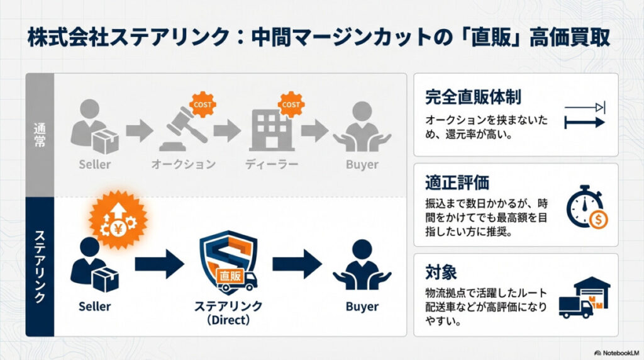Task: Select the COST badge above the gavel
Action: (x=203, y=104)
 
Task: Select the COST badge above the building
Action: (x=290, y=104)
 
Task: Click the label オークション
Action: (x=183, y=165)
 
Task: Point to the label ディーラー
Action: (x=271, y=165)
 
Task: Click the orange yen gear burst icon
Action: (x=119, y=220)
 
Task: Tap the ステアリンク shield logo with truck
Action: (x=228, y=263)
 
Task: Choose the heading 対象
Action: (x=441, y=273)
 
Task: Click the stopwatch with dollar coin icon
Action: (x=586, y=206)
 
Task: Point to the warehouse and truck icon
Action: (x=584, y=297)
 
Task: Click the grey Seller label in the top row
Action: (x=95, y=165)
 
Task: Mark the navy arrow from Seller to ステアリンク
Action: (x=158, y=264)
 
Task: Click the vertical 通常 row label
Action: (x=39, y=135)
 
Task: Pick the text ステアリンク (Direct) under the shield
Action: (x=228, y=313)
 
